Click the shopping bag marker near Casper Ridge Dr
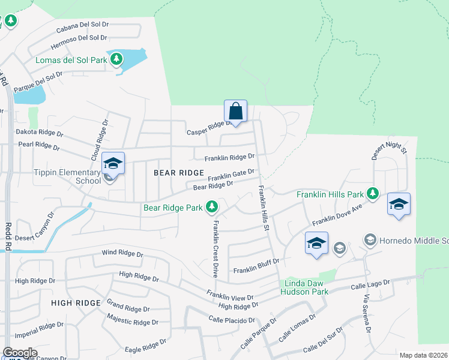[236, 112]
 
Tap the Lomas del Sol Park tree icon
[116, 59]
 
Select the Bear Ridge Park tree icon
[211, 207]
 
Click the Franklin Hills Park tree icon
[373, 193]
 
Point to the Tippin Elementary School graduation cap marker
[113, 164]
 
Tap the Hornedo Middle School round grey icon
[370, 240]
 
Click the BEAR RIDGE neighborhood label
[179, 173]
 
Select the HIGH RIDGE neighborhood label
[76, 303]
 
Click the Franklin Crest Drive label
[214, 248]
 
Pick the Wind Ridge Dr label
[122, 254]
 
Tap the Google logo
[20, 353]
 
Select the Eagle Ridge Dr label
[145, 346]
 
